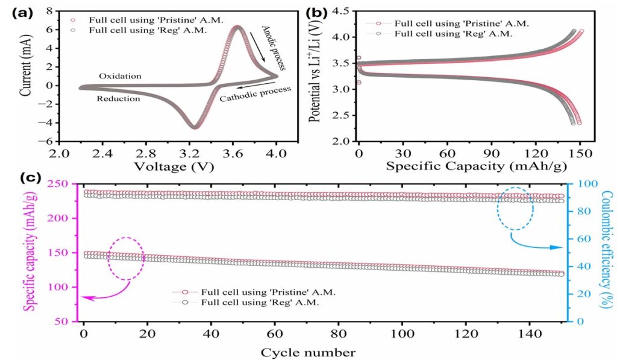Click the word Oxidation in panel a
click(120, 76)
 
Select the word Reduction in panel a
click(118, 98)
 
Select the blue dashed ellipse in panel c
click(515, 208)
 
